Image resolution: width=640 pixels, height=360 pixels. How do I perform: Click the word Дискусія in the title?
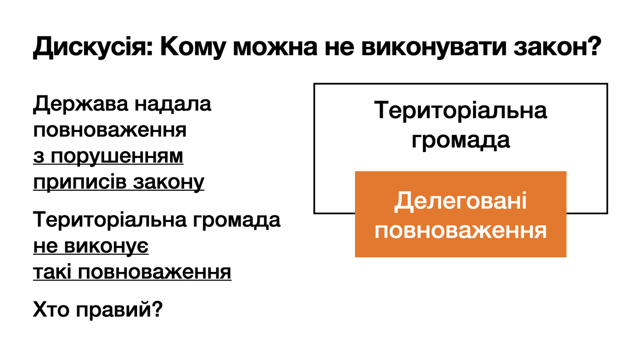click(94, 47)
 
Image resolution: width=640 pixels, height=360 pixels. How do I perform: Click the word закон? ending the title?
click(557, 47)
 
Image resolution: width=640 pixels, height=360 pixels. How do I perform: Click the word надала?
click(173, 104)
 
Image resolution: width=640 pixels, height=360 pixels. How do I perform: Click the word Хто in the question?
click(51, 310)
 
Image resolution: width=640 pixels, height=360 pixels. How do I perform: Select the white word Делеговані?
click(460, 202)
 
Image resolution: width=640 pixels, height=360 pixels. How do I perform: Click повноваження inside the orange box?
click(460, 231)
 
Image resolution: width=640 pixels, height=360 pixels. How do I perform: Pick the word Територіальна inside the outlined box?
click(460, 110)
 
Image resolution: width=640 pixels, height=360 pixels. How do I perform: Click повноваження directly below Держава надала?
click(110, 131)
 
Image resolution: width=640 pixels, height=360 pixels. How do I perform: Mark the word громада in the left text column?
click(236, 221)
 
